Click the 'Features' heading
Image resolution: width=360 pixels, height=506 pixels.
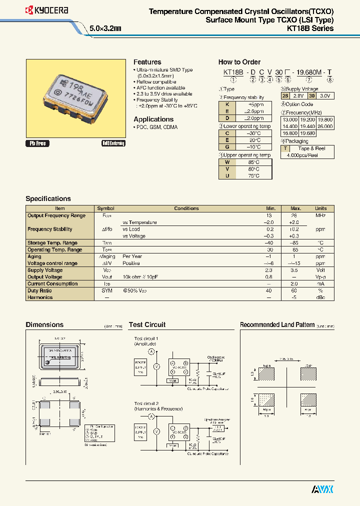click(x=147, y=62)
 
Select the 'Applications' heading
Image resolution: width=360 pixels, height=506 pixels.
click(x=153, y=119)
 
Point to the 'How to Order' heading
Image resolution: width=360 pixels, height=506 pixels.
click(x=239, y=62)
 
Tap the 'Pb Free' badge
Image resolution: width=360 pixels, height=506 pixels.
click(x=37, y=143)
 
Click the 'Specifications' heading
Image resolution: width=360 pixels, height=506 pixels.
click(x=48, y=198)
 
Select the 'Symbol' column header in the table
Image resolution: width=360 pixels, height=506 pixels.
click(x=105, y=208)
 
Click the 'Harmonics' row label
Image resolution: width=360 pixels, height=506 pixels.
click(x=40, y=297)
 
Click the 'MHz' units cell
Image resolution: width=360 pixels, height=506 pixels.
click(x=320, y=215)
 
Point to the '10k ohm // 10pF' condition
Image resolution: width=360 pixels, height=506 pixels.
click(x=140, y=277)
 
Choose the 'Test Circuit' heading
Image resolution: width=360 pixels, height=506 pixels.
click(x=147, y=324)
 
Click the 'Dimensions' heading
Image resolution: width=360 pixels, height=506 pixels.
click(x=44, y=324)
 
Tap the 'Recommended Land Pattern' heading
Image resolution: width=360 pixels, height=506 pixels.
click(x=277, y=324)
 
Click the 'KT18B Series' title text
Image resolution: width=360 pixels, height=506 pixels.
click(x=310, y=28)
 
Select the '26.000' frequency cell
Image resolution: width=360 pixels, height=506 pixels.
click(x=325, y=127)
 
